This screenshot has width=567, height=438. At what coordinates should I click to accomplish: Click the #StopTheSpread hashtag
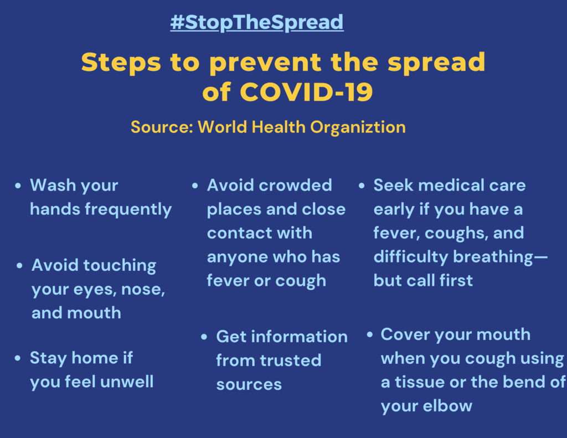257,22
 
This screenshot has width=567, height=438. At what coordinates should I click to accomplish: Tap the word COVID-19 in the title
306,92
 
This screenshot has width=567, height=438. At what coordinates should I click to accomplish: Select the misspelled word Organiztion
358,127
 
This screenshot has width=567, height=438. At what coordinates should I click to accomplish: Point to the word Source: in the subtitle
162,127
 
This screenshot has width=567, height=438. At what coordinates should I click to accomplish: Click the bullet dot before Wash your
18,186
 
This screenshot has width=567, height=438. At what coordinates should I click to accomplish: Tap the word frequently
128,210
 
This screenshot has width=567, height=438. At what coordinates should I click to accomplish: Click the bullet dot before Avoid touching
19,266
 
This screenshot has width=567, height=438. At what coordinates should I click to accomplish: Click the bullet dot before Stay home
18,358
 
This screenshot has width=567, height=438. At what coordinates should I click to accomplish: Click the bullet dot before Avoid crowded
195,186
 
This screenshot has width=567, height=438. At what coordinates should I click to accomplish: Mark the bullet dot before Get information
204,337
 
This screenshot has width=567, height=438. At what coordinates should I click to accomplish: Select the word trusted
291,360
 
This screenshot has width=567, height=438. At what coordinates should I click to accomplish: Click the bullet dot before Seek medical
362,186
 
